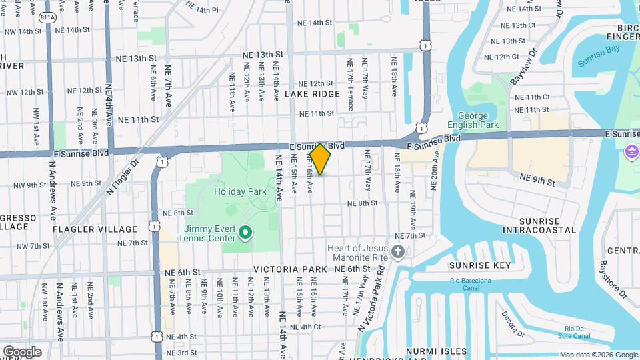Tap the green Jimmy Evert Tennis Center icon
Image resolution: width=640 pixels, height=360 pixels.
pyautogui.click(x=245, y=233)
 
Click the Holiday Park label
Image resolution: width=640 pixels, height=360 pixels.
pyautogui.click(x=240, y=191)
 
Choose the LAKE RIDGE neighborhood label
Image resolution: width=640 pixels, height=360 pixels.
pyautogui.click(x=312, y=94)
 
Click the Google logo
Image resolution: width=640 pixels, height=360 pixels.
pyautogui.click(x=22, y=352)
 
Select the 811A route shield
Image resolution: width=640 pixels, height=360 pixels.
pyautogui.click(x=47, y=18)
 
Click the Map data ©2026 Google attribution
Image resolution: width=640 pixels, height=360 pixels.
pyautogui.click(x=598, y=355)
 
